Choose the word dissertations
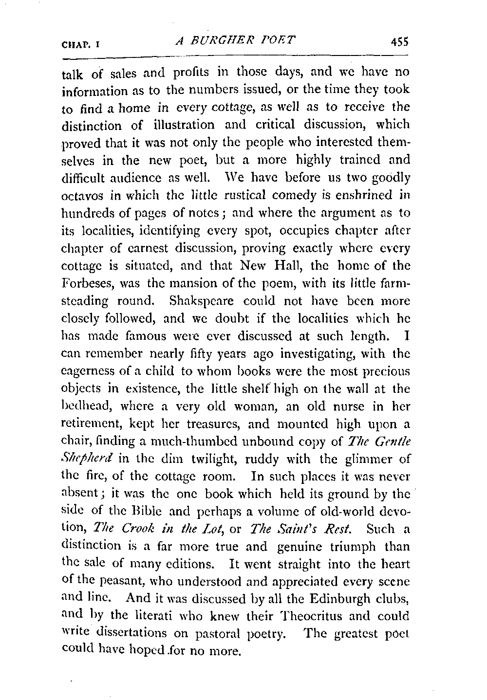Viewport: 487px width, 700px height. coord(134,634)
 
